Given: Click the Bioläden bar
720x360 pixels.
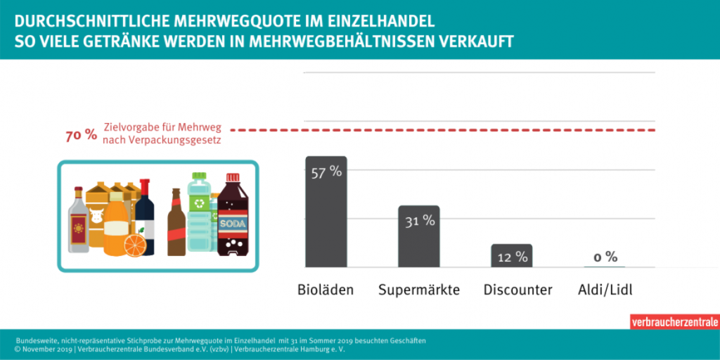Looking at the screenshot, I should pyautogui.click(x=326, y=218).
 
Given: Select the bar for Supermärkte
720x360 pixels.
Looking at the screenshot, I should pyautogui.click(x=418, y=243).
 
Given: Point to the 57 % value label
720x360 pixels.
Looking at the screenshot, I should pyautogui.click(x=326, y=172).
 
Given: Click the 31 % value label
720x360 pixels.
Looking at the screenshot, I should pyautogui.click(x=418, y=221).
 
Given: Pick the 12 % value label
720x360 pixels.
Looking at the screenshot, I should pyautogui.click(x=512, y=257).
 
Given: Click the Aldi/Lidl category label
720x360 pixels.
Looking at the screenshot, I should pyautogui.click(x=605, y=290).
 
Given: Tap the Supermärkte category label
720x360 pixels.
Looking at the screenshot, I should pyautogui.click(x=419, y=290).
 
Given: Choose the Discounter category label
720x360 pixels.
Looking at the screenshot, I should pyautogui.click(x=517, y=290).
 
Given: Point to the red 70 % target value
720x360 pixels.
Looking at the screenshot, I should pyautogui.click(x=81, y=135).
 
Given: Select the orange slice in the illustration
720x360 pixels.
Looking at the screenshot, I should pyautogui.click(x=134, y=245).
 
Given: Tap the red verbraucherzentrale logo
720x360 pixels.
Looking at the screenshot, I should pyautogui.click(x=674, y=322).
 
